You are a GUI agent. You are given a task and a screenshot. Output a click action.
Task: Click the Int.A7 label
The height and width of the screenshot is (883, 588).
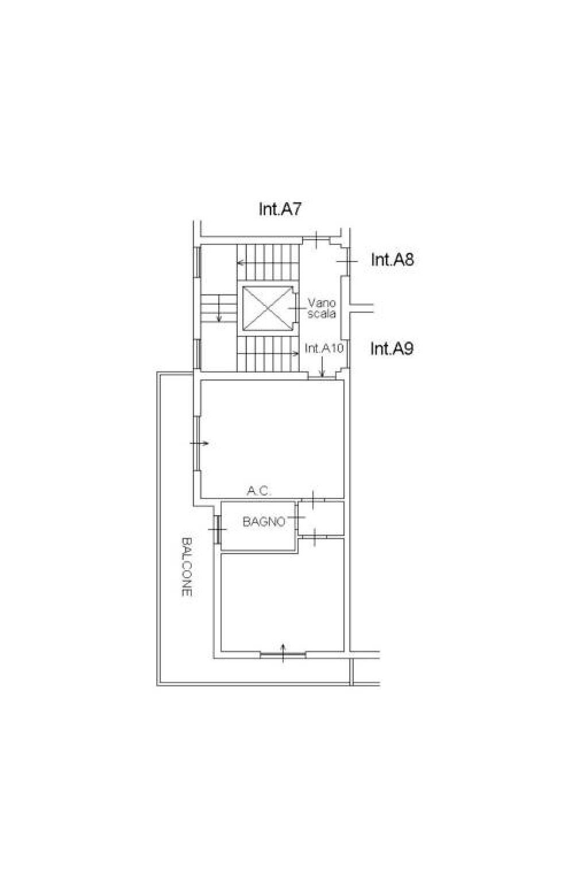pos(280,209)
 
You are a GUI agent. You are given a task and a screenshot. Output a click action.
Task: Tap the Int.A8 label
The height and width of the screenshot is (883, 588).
pos(392,260)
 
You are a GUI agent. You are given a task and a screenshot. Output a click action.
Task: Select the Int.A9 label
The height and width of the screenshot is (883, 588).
pos(392,348)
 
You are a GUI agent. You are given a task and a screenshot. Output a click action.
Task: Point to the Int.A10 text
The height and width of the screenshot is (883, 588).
pos(324,348)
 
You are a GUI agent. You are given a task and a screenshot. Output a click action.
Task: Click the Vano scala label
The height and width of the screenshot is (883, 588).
pos(322,308)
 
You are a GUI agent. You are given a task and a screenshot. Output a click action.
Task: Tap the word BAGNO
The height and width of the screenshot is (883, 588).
pos(264,522)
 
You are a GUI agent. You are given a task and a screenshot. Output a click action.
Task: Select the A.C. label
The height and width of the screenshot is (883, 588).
pos(260,491)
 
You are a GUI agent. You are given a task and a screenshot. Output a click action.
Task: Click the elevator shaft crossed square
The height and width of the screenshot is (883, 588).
pos(267,308)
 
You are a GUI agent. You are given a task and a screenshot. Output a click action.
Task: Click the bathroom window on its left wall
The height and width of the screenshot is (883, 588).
pos(216,529)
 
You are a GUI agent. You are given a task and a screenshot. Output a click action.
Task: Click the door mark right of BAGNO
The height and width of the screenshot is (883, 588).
pos(296,517)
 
